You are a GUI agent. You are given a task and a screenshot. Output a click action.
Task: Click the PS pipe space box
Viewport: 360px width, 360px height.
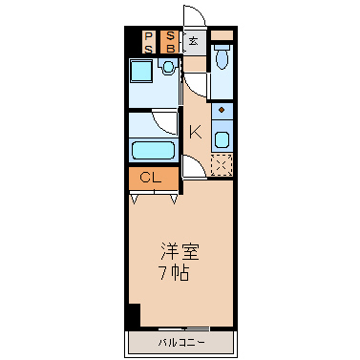click(x=149, y=42)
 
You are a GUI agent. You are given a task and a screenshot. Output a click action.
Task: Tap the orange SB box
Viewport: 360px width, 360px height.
click(x=170, y=42)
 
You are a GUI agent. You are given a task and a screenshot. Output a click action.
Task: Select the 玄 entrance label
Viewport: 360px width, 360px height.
click(x=193, y=41)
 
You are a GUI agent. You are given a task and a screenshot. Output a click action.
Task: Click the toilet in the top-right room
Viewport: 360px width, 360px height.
click(x=222, y=56)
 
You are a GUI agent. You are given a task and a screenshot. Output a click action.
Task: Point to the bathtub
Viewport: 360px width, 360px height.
click(x=154, y=150)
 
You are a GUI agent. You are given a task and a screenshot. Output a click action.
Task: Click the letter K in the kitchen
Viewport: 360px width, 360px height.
click(x=196, y=132)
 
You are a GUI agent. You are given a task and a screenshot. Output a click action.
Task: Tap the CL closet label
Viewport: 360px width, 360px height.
click(x=151, y=178)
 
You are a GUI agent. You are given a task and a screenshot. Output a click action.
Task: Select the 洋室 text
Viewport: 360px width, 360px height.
click(x=180, y=252)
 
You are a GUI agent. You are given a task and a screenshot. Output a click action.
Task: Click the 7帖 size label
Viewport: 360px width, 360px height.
click(x=175, y=272)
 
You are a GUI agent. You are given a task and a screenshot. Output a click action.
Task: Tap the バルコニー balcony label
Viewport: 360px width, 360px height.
click(x=181, y=343)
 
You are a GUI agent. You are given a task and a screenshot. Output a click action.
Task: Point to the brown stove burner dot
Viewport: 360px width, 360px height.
click(x=222, y=110)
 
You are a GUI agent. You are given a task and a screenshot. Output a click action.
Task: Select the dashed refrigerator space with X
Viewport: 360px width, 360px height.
click(x=222, y=164)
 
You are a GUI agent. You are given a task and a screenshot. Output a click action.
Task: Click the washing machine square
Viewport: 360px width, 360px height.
click(x=140, y=71)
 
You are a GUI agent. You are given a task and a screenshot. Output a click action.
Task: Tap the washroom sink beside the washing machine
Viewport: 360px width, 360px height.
click(x=168, y=67)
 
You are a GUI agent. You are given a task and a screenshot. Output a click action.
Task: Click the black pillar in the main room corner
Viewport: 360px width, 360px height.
click(x=134, y=315)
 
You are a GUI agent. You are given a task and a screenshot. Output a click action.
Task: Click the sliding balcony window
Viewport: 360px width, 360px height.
click(x=183, y=328)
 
